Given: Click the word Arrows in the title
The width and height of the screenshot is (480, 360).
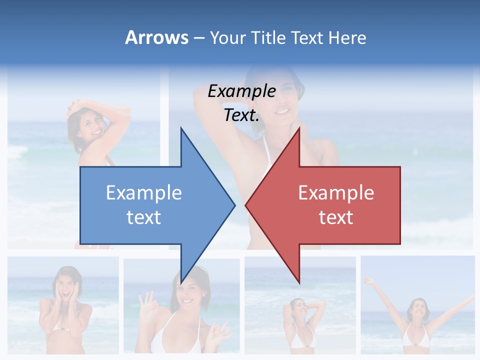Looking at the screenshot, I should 156,37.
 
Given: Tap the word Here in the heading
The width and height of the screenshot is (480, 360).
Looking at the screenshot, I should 347,37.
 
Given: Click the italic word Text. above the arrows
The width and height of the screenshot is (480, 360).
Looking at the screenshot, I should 241,115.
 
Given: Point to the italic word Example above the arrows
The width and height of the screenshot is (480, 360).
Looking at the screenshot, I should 241,91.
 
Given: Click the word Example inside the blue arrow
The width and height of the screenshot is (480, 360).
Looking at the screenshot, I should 144,192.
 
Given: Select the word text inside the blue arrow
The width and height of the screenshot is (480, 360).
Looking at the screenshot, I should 144,217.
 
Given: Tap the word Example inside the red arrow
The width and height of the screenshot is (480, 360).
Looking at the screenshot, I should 336,192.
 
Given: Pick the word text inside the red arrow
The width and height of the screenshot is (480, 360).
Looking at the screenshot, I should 336,217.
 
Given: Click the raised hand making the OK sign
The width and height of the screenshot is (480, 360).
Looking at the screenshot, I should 148,302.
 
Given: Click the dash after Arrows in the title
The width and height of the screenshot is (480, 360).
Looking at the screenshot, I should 198,38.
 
